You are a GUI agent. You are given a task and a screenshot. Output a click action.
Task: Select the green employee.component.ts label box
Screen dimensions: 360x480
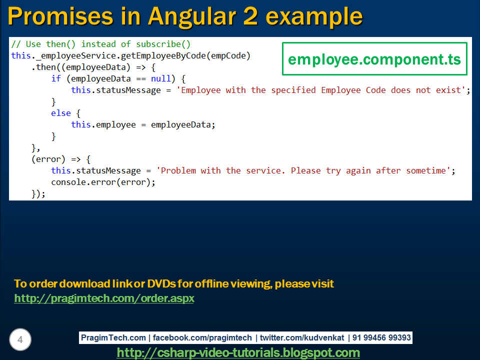pyautogui.click(x=374, y=59)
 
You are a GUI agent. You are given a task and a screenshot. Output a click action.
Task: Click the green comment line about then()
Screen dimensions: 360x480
pyautogui.click(x=101, y=44)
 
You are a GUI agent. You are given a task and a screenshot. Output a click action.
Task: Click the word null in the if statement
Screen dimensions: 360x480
pyautogui.click(x=161, y=78)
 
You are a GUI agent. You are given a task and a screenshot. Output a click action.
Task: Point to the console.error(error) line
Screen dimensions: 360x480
pyautogui.click(x=103, y=182)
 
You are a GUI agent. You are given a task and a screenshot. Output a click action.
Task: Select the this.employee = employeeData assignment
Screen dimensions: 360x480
pyautogui.click(x=143, y=124)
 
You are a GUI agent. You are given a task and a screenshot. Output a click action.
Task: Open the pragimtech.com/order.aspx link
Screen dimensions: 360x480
pyautogui.click(x=104, y=298)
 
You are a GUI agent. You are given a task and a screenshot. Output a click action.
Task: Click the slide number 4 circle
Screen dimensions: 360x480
pyautogui.click(x=20, y=340)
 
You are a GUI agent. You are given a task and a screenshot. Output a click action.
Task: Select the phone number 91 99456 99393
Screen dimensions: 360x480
pyautogui.click(x=381, y=338)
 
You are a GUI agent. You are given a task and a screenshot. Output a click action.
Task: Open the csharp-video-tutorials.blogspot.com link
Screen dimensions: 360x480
pyautogui.click(x=238, y=352)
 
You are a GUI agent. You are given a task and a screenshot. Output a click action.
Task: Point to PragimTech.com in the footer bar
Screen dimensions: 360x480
pyautogui.click(x=113, y=338)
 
